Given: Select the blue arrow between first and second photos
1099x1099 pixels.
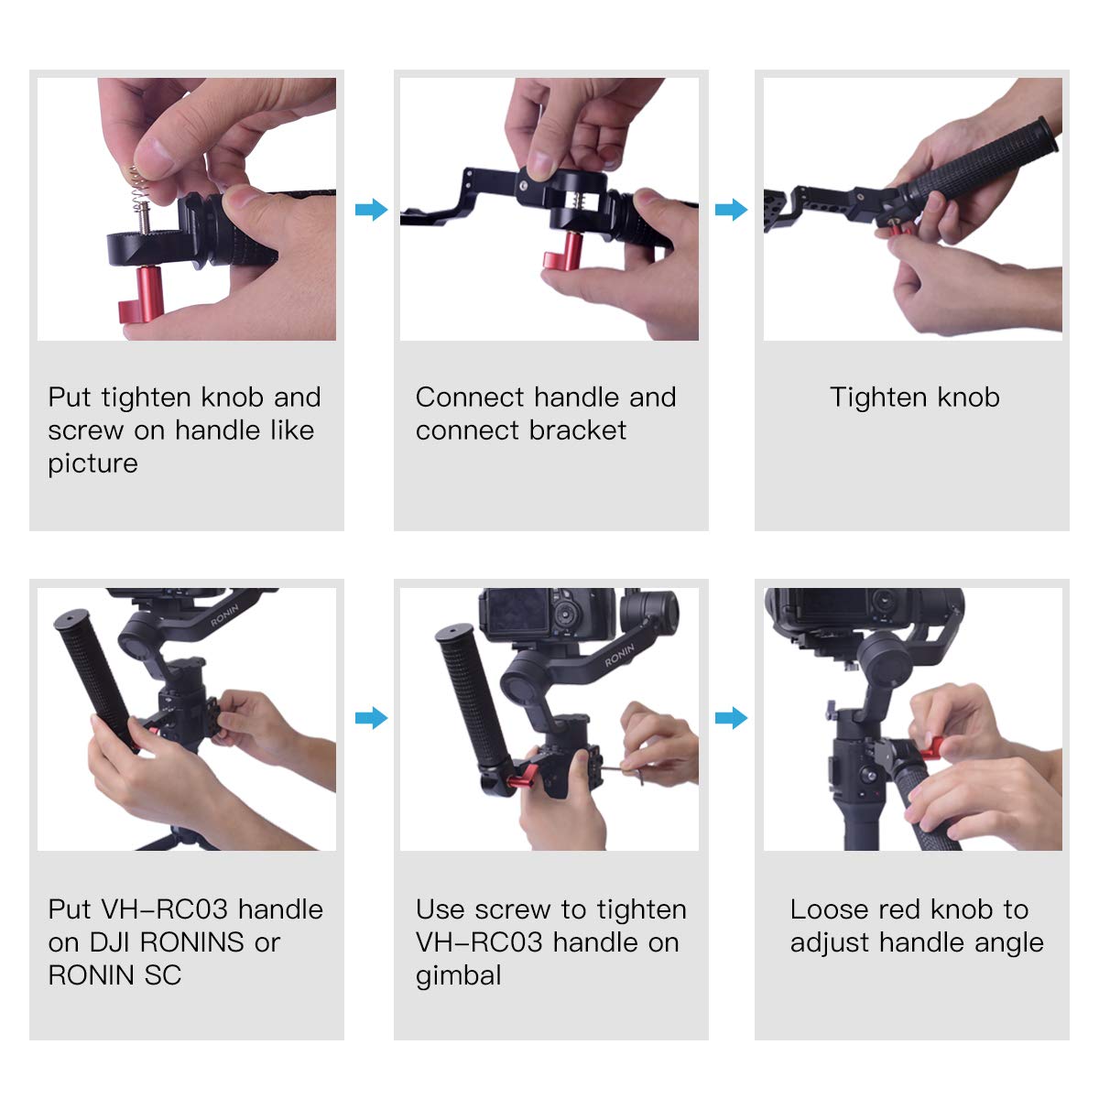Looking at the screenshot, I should pos(371,209).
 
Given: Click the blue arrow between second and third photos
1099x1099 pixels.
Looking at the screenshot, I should pos(731,209).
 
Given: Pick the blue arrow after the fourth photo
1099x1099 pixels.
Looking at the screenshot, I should pos(371,717).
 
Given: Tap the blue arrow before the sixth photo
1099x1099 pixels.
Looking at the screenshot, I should pos(731,717).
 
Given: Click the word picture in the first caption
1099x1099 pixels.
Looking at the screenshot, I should pos(92,463).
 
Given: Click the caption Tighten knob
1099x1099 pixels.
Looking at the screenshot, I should pos(914,397).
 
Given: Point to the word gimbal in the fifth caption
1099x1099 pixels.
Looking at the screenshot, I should pos(458,975).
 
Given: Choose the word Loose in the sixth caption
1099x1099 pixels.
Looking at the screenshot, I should pos(829,909).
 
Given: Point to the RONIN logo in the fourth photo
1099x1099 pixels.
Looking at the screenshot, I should pos(224,615).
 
